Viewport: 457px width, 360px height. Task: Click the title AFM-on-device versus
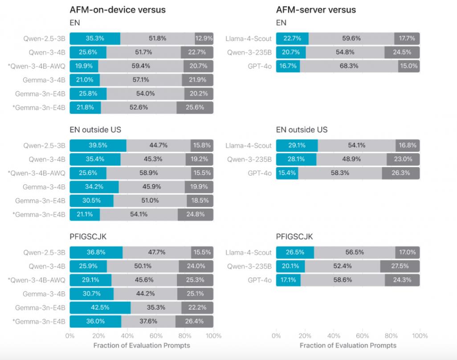pos(118,10)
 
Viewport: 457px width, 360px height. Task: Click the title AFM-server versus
pos(316,10)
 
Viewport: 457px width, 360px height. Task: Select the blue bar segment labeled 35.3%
pos(95,38)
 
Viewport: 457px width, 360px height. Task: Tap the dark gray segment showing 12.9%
pos(204,38)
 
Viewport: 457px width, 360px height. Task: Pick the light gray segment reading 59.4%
pos(141,66)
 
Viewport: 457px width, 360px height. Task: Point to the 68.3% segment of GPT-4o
pos(349,66)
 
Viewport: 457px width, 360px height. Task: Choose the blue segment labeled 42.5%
pos(100,307)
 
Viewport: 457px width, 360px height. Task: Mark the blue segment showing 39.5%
pos(98,145)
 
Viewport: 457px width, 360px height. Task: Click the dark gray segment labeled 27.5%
pos(400,266)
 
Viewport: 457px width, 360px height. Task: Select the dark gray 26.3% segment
pos(400,173)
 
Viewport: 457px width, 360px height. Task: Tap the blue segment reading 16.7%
pos(288,66)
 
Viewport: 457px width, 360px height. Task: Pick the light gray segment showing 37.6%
pos(148,321)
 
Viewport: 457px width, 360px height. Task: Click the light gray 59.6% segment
pos(351,38)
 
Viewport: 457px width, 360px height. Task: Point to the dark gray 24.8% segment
pos(196,215)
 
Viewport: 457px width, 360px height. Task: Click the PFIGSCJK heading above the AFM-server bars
pos(294,237)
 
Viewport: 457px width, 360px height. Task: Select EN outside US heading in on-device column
pos(95,130)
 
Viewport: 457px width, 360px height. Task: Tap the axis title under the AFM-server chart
pos(348,345)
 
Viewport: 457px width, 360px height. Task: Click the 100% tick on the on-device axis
pos(213,335)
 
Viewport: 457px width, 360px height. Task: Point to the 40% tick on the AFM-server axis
pos(334,335)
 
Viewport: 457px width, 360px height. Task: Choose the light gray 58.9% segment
pos(146,173)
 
